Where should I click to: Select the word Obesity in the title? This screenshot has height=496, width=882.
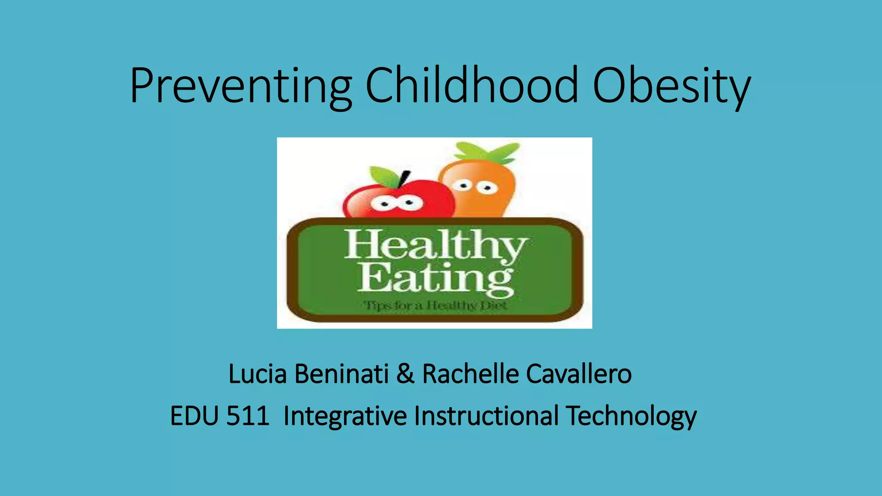pos(671,86)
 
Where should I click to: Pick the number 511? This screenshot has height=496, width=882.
pos(248,416)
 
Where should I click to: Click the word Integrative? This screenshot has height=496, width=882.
pos(345,416)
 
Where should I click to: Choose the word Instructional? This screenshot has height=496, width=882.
pos(486,416)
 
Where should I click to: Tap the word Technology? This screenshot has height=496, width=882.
pos(631,417)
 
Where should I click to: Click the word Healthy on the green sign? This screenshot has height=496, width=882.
pos(435,245)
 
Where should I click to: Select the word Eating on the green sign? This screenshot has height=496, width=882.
pos(435,279)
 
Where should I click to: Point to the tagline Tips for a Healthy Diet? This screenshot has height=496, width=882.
pos(435,306)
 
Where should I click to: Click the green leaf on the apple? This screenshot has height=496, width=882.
pos(385,177)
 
